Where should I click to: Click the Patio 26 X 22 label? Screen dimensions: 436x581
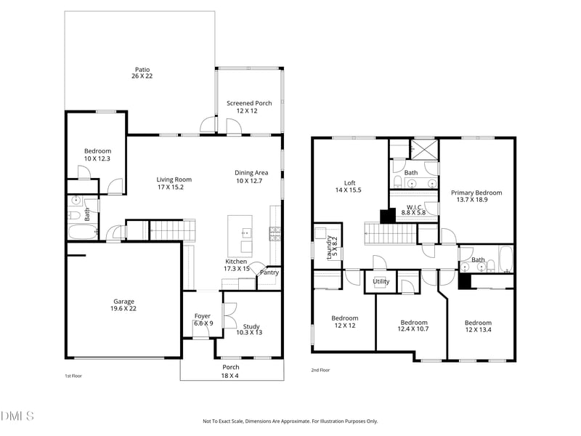click(142, 73)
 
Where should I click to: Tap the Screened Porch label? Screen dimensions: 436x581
click(249, 107)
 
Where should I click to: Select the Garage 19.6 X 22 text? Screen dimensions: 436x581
click(123, 305)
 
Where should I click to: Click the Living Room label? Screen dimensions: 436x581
click(174, 183)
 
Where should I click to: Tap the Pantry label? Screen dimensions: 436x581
click(269, 272)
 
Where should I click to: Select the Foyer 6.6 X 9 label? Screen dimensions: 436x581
click(203, 320)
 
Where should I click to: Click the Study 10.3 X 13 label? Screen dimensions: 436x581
click(249, 329)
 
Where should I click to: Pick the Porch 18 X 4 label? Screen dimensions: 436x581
click(231, 371)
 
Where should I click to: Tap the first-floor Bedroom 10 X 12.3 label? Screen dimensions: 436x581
click(97, 155)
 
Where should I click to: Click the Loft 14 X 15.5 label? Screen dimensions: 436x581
click(349, 186)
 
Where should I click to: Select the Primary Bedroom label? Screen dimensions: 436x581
click(476, 197)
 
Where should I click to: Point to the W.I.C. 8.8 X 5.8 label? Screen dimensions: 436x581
click(415, 209)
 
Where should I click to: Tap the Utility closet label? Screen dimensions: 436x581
click(381, 281)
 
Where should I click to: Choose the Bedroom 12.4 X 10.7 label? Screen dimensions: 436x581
click(414, 326)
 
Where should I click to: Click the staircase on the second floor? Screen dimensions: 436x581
click(389, 234)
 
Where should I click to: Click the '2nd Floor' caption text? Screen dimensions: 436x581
click(320, 370)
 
